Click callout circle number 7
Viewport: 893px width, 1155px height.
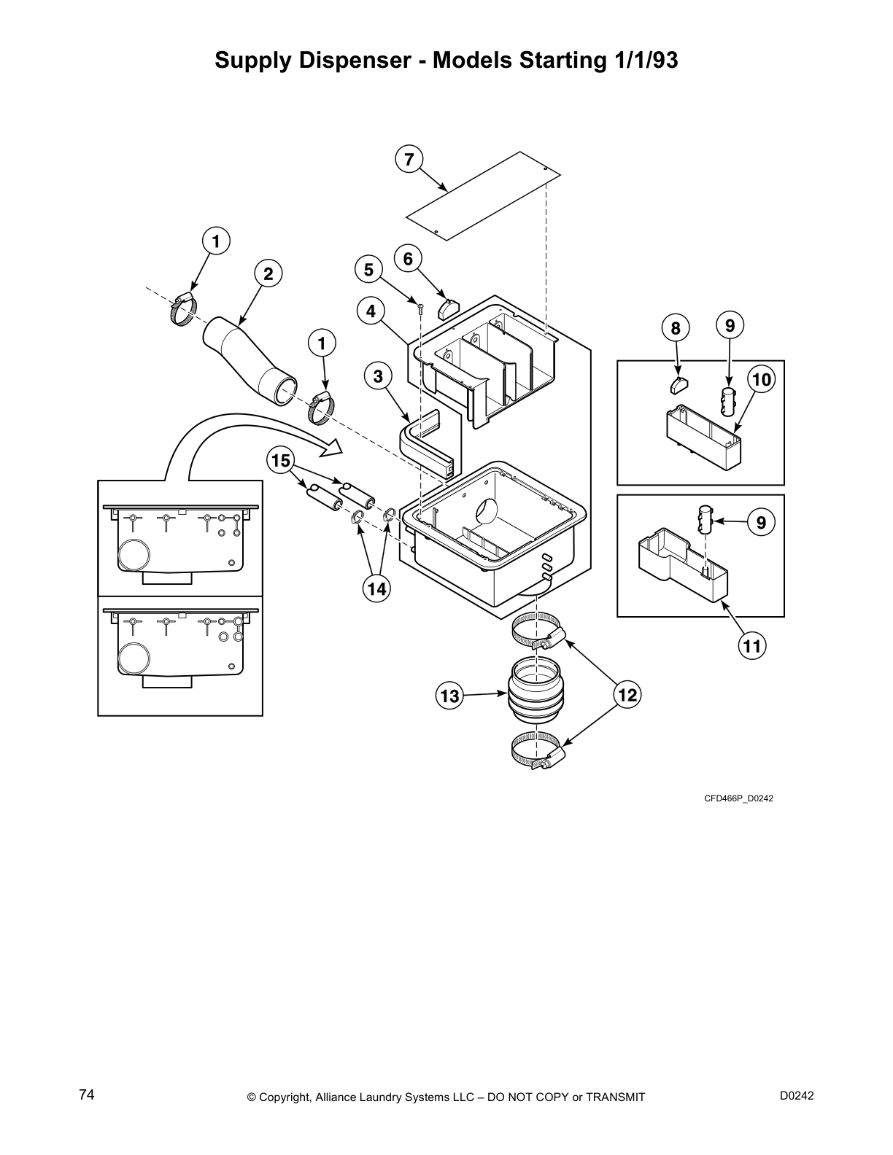tap(409, 159)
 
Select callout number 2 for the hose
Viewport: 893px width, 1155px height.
tap(268, 274)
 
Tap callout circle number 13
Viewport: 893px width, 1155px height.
tap(449, 696)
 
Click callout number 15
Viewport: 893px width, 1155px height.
tap(281, 461)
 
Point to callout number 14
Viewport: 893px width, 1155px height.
tap(376, 589)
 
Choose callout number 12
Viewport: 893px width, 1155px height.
tap(627, 696)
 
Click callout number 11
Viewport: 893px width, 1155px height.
tap(752, 645)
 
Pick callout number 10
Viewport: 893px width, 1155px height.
tap(761, 379)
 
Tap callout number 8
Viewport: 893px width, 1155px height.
tap(676, 328)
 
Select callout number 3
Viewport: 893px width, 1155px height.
tap(378, 376)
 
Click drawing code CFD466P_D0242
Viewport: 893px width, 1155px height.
tap(738, 798)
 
